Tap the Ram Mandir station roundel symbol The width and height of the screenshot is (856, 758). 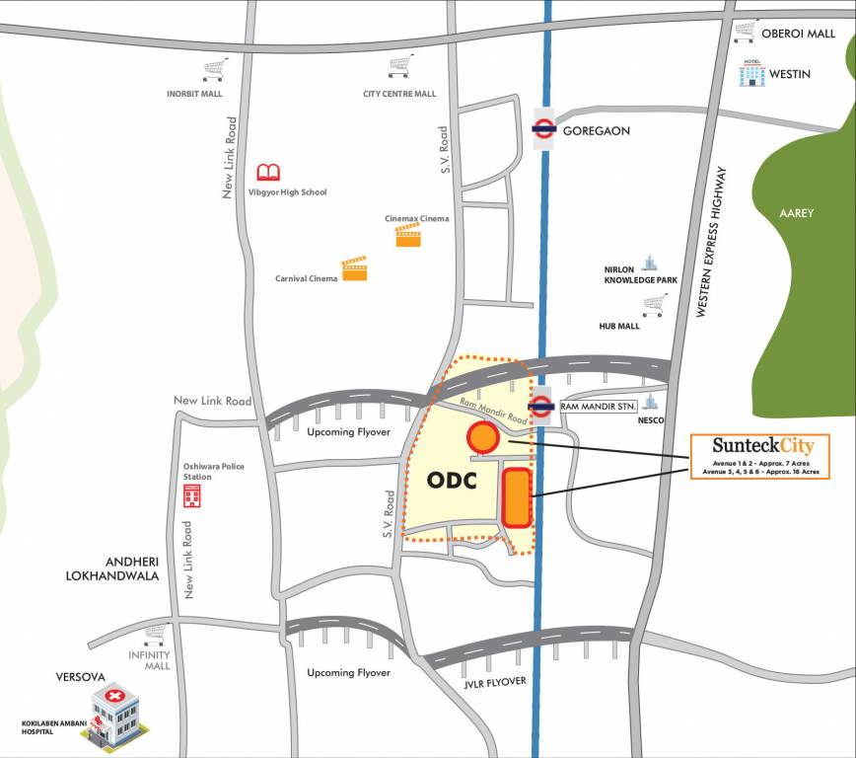point(541,405)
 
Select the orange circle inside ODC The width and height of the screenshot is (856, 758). point(482,436)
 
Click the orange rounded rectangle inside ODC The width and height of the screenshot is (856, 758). point(517,498)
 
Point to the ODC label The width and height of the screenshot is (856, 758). point(453,481)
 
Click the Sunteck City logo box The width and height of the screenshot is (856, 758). point(759,456)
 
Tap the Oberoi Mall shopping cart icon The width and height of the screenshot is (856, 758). point(746,33)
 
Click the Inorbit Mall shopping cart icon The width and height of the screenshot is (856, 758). point(215,69)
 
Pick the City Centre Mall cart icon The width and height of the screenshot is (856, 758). point(399,67)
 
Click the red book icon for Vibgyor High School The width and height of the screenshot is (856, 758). point(268,172)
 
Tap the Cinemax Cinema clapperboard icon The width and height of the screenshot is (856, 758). point(408,235)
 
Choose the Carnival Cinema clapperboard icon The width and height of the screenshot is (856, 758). point(354,268)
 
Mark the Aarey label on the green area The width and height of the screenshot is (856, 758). point(796,213)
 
